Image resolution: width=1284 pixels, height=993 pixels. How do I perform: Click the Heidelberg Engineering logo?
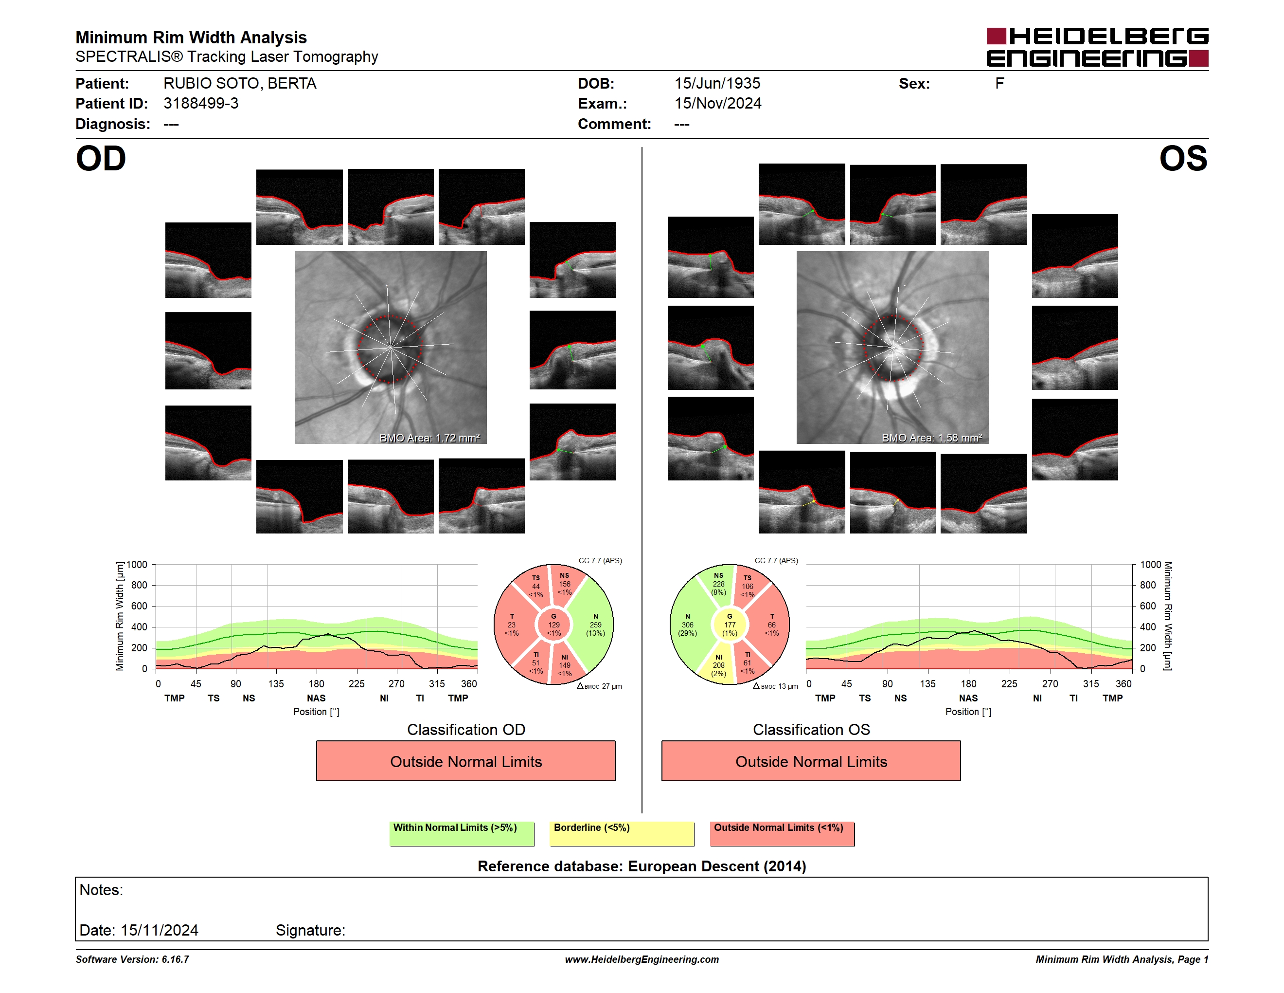[1097, 47]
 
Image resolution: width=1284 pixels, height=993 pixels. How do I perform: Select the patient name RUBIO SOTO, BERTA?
[240, 84]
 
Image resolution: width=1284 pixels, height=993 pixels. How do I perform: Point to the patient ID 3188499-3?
[201, 104]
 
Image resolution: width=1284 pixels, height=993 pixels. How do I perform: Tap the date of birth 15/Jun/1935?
[717, 84]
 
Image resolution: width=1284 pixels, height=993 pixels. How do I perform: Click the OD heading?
[101, 159]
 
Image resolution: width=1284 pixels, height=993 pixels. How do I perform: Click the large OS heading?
[1183, 159]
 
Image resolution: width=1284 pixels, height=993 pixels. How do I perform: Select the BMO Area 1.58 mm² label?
[932, 438]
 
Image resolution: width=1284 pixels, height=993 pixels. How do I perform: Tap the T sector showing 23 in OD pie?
[512, 625]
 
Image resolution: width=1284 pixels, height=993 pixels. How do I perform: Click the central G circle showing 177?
[730, 625]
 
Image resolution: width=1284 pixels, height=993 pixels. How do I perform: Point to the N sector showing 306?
[688, 625]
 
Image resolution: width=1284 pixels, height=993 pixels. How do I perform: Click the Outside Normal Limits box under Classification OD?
[465, 761]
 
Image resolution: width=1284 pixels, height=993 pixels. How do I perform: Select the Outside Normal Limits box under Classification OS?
[811, 761]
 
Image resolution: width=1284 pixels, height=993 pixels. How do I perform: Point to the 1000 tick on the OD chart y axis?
[137, 565]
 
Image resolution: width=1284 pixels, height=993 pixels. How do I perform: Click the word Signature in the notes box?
[310, 931]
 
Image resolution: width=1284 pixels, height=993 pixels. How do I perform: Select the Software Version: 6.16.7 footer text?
[132, 959]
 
